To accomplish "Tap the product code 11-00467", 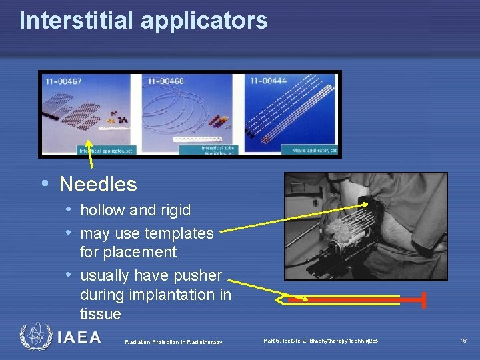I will (x=63, y=81).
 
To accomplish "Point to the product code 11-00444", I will (x=269, y=81).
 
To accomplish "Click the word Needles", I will (x=98, y=184).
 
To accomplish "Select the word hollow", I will (x=103, y=210).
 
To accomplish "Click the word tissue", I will (x=101, y=313).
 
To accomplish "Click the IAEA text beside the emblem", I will (x=79, y=337).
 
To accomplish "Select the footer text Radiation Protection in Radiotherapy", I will (x=173, y=342).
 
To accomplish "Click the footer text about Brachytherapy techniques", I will (x=320, y=341).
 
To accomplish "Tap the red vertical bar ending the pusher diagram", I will (x=423, y=301).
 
